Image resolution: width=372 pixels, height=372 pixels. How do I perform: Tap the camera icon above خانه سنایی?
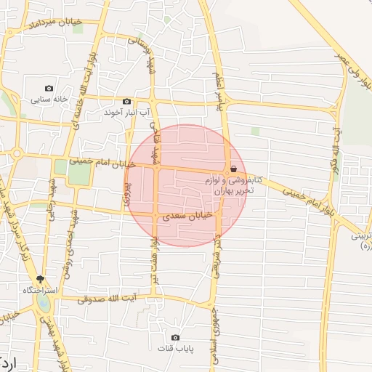(49, 88)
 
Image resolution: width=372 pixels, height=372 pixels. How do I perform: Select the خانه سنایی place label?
(49, 100)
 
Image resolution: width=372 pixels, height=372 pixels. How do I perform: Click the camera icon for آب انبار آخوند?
(127, 102)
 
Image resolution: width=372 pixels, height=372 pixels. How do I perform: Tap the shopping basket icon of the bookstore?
(233, 169)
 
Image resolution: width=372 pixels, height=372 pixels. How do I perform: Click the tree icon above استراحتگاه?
(40, 279)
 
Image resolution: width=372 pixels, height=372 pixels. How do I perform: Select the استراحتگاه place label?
(40, 290)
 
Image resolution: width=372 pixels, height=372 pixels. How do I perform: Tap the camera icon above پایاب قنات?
(175, 338)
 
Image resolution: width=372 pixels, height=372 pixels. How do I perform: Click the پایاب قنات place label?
(175, 349)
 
